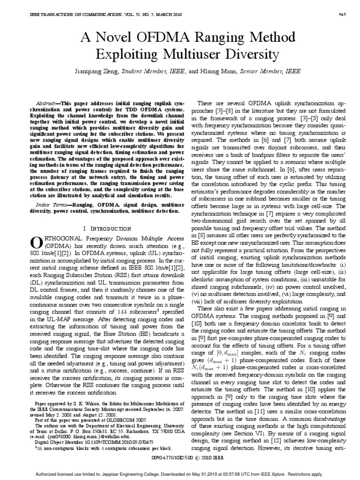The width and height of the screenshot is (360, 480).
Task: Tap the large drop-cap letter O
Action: (37, 242)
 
